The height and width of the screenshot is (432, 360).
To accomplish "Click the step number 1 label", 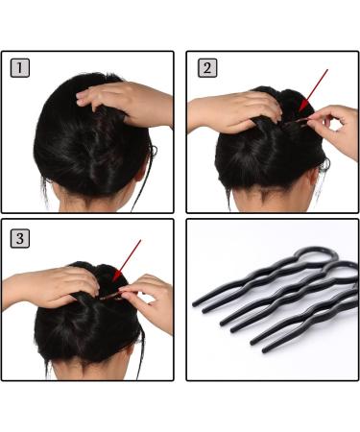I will coord(20,68).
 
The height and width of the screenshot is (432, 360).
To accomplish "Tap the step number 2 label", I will coord(206,68).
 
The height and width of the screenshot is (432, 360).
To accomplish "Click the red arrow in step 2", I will coord(315,89).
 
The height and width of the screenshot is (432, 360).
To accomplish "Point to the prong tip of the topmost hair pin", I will coord(196,305).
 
